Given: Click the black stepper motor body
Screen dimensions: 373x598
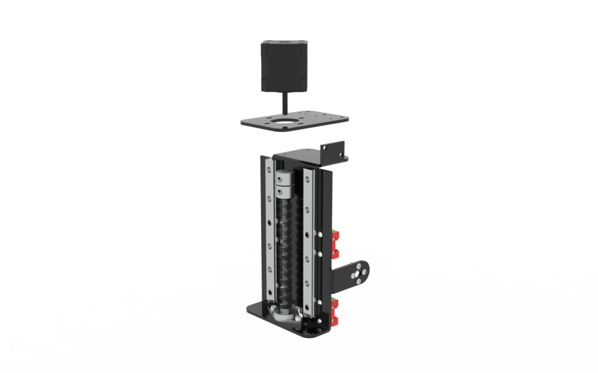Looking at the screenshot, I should point(283,65).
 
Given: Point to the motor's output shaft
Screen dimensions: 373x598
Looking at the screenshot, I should point(285,102).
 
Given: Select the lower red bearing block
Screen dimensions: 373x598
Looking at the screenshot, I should point(335,311).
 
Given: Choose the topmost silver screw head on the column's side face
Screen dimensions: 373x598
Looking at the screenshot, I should point(320,235).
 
